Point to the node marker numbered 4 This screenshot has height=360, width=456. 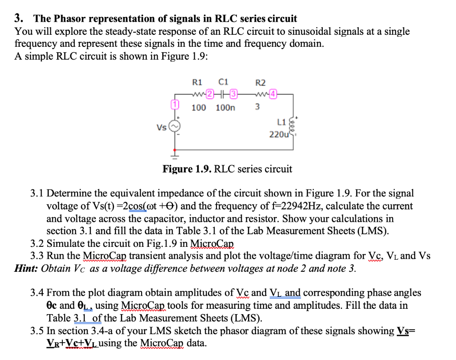273,94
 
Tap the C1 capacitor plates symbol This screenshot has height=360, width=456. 221,94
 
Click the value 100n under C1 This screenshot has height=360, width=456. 225,108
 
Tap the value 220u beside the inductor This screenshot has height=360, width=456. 279,134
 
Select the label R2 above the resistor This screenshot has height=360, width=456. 261,83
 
